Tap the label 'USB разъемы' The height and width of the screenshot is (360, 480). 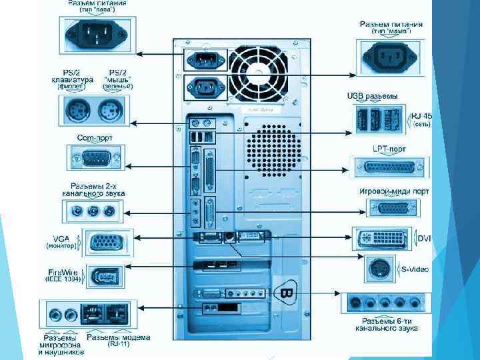pyautogui.click(x=372, y=96)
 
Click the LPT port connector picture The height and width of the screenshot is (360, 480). pyautogui.click(x=390, y=167)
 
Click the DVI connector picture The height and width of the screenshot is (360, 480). pyautogui.click(x=383, y=238)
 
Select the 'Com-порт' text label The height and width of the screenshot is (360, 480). pyautogui.click(x=95, y=137)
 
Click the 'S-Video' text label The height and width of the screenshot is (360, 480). pyautogui.click(x=415, y=269)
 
